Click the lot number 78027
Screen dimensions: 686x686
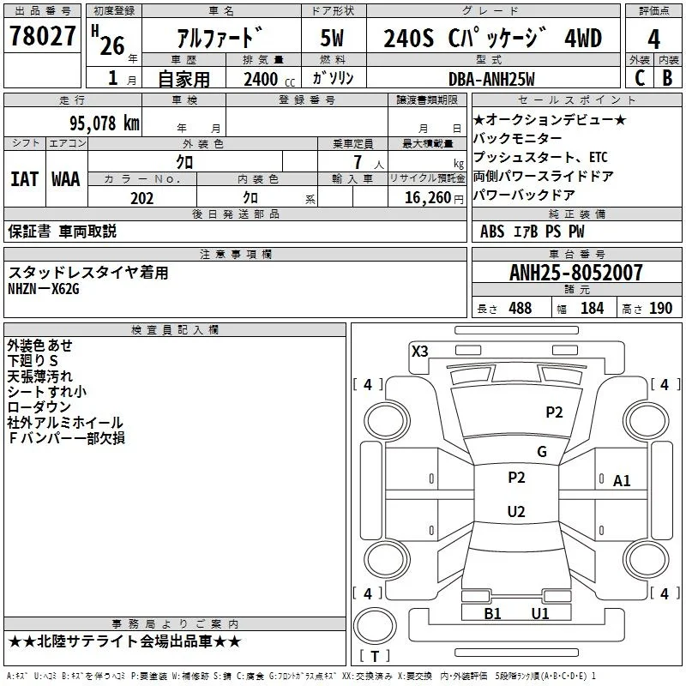(x=42, y=36)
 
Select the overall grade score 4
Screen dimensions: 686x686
(x=653, y=39)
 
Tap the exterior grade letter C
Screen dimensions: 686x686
(x=640, y=78)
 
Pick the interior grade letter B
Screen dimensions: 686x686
(x=667, y=78)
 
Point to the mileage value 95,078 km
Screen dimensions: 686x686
(x=104, y=123)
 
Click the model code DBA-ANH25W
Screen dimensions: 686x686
(x=491, y=79)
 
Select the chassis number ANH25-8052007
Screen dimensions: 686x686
(x=575, y=273)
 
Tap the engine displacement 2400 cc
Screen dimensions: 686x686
(x=269, y=80)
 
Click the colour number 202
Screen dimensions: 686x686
(x=141, y=198)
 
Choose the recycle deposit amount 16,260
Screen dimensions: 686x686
(x=427, y=198)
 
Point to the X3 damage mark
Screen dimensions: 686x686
(x=419, y=351)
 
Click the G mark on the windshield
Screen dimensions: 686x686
(x=542, y=451)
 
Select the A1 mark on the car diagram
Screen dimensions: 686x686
(x=621, y=481)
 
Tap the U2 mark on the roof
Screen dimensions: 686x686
(x=516, y=511)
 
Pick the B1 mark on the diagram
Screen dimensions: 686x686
(x=492, y=613)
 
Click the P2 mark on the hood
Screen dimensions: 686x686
(x=554, y=412)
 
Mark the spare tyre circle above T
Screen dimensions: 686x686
(x=375, y=625)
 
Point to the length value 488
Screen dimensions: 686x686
(x=520, y=308)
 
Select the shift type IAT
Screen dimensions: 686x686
(x=24, y=179)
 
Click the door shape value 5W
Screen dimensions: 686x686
(x=332, y=38)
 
